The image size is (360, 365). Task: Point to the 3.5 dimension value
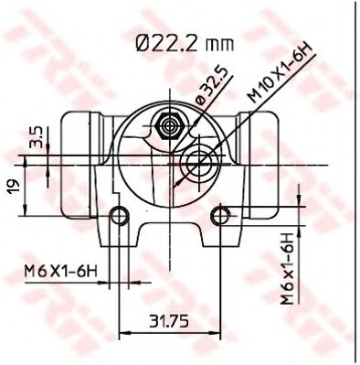(x=35, y=137)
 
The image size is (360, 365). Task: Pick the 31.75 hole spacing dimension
(x=168, y=322)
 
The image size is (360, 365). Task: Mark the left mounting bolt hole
(x=118, y=216)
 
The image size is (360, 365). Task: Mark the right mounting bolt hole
(x=219, y=216)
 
